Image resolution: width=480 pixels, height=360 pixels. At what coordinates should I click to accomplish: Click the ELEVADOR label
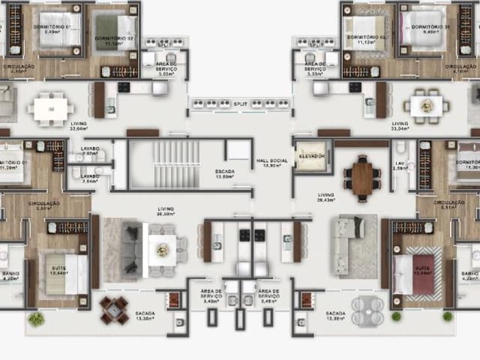coord(312,156)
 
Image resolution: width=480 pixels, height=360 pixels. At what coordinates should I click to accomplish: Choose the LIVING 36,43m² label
coord(325,196)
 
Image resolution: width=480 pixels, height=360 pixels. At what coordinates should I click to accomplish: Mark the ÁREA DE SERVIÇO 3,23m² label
coord(314,70)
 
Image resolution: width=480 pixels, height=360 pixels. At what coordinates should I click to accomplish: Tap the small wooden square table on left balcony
coord(114,309)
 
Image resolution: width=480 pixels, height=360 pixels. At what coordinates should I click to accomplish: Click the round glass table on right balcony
coord(367,309)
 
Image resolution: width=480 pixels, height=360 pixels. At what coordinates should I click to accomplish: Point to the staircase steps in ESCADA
coord(177,154)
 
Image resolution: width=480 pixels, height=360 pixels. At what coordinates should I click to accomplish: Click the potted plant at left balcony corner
coord(34,319)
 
